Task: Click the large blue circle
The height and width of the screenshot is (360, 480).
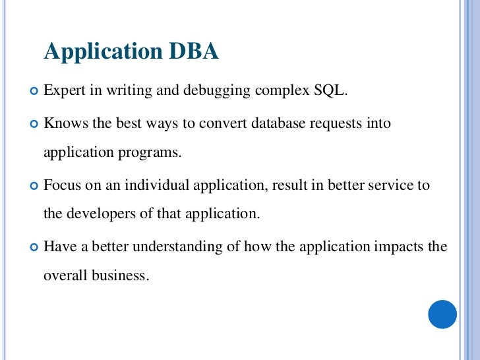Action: click(442, 315)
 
